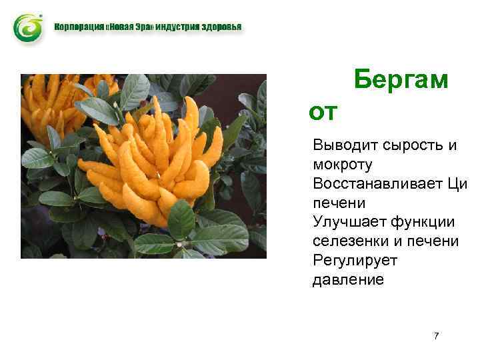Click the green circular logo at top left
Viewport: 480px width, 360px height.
[x=28, y=28]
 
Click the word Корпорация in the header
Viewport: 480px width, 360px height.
[x=76, y=27]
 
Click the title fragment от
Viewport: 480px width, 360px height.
[x=324, y=112]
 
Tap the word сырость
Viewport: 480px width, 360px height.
[x=409, y=145]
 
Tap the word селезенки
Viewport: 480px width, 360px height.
[x=348, y=241]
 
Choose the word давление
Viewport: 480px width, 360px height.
[x=348, y=279]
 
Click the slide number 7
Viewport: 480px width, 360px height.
[x=436, y=336]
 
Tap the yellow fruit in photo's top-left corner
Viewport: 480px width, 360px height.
[x=50, y=100]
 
